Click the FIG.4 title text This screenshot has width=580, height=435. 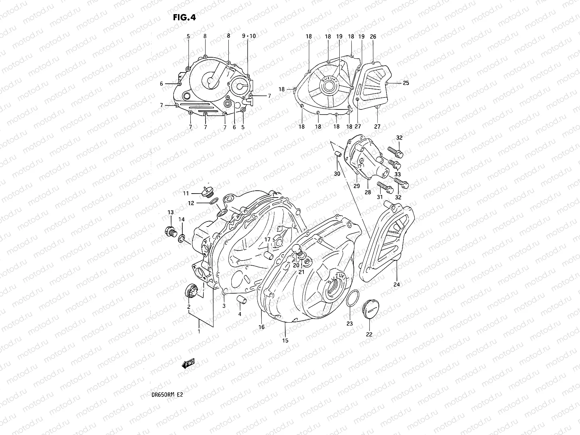point(185,17)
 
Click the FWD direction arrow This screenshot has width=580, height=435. point(188,363)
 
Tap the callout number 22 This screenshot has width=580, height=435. point(369,335)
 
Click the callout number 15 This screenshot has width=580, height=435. point(285,340)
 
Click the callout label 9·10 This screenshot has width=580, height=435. point(249,36)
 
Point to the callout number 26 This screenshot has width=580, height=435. point(373,37)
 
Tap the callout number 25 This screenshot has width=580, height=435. point(406,83)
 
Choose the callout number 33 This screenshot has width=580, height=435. point(397,174)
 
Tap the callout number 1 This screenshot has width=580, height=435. point(199,331)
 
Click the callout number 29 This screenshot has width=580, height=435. point(357,186)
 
